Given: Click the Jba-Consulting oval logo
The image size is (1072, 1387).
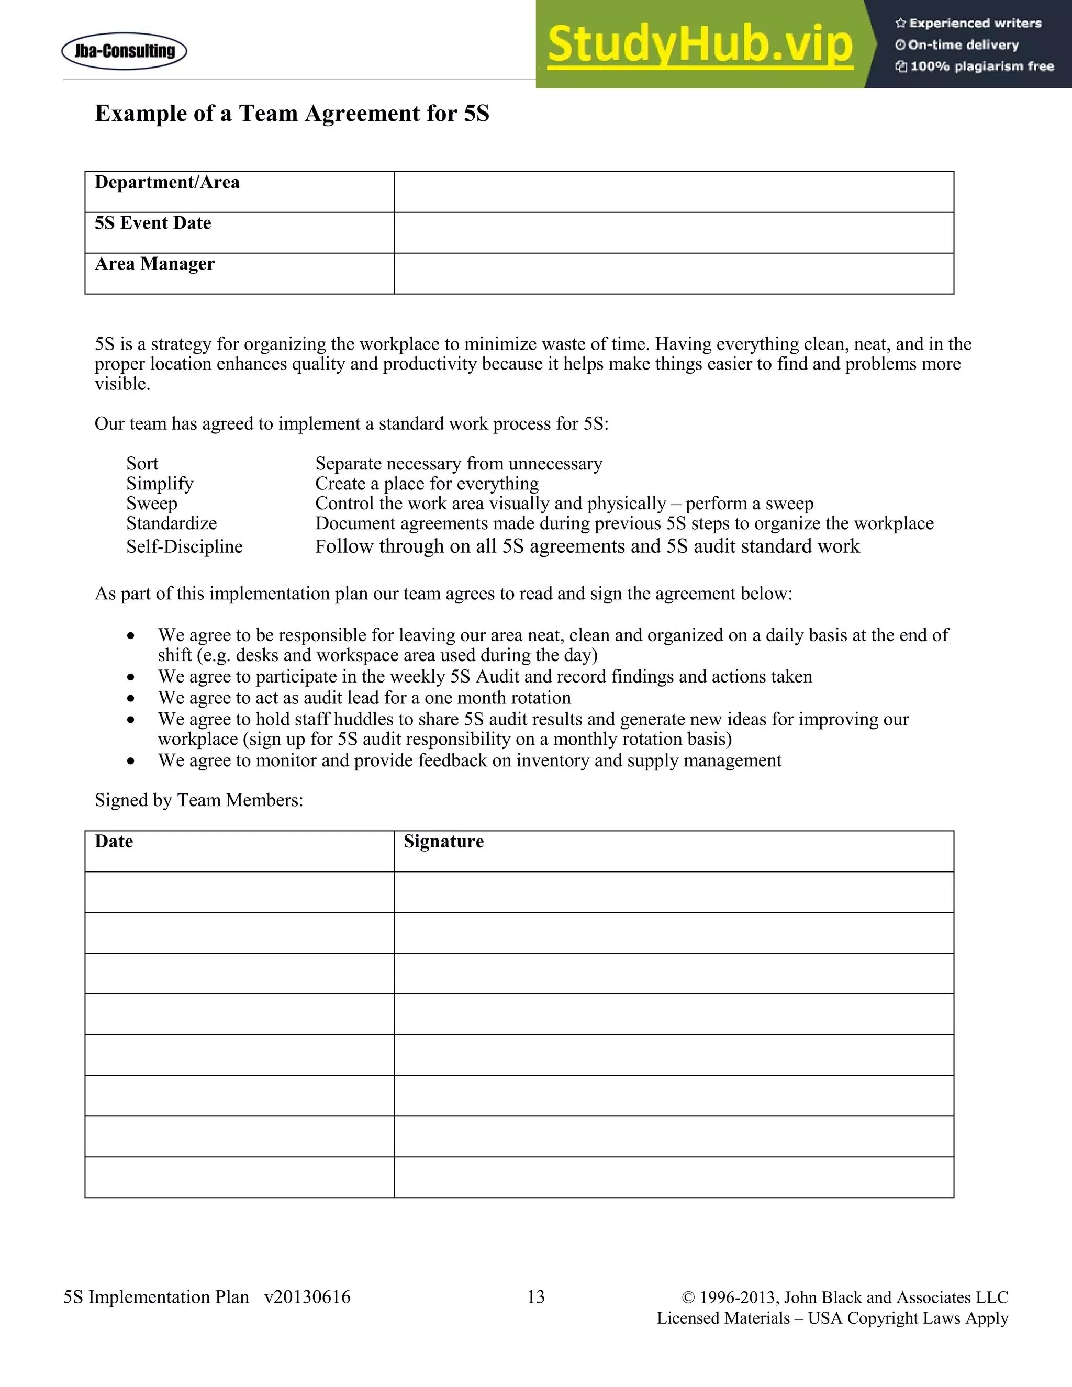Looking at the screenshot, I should (x=125, y=51).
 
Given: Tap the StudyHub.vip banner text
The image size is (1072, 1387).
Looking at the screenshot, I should (x=699, y=45).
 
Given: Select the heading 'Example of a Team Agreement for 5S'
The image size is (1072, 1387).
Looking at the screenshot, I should (x=292, y=114).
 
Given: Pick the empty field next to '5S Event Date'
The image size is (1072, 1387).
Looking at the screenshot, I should (x=673, y=232).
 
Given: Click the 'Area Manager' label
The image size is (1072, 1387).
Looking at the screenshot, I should (x=155, y=264).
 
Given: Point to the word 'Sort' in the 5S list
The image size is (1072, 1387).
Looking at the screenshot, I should (x=142, y=464).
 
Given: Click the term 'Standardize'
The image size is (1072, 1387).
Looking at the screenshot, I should (x=172, y=523).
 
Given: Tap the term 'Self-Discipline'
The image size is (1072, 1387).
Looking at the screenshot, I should (x=184, y=547).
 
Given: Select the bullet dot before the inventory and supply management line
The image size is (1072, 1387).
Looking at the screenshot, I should (x=131, y=762).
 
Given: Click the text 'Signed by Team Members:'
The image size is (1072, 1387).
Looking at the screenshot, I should (x=199, y=800).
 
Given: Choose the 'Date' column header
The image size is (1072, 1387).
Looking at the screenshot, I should (x=114, y=842).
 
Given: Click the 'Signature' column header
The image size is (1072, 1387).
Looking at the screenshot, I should (x=443, y=842).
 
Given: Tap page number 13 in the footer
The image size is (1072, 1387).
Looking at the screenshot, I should (x=536, y=1297).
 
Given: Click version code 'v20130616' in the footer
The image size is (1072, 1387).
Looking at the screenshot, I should (x=307, y=1297).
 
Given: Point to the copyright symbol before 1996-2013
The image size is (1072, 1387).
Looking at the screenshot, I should (x=688, y=1297).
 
